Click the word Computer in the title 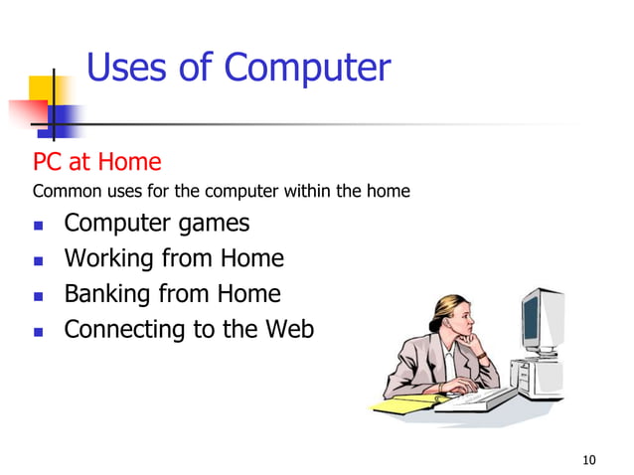point(307,69)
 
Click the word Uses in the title point(127,68)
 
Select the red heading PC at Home point(97,161)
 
